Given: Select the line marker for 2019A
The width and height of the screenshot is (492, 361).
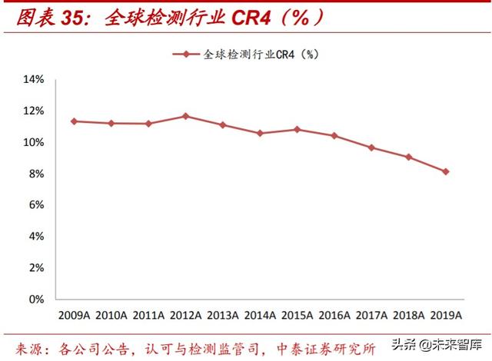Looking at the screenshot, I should (x=445, y=171).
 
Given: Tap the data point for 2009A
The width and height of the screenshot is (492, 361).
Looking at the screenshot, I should (x=74, y=121).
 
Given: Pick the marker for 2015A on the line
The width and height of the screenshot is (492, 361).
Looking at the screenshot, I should (x=298, y=129).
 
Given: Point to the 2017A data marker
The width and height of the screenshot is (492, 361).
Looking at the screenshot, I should (x=371, y=147).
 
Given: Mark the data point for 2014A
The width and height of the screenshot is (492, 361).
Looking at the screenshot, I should (x=260, y=133).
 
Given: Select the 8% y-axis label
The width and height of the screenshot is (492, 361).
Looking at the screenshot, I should (x=36, y=174).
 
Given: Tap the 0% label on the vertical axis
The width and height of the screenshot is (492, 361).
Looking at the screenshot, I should (x=36, y=300).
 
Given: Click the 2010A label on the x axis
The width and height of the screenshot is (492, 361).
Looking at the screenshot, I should (x=111, y=315).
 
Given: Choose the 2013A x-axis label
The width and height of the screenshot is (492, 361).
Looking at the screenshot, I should (x=223, y=315).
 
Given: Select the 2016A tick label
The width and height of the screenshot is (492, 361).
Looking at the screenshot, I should (x=334, y=315).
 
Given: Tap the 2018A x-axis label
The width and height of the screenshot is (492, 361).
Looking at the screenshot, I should (x=408, y=315).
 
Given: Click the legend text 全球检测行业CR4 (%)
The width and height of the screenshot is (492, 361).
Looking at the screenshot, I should (x=261, y=55).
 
